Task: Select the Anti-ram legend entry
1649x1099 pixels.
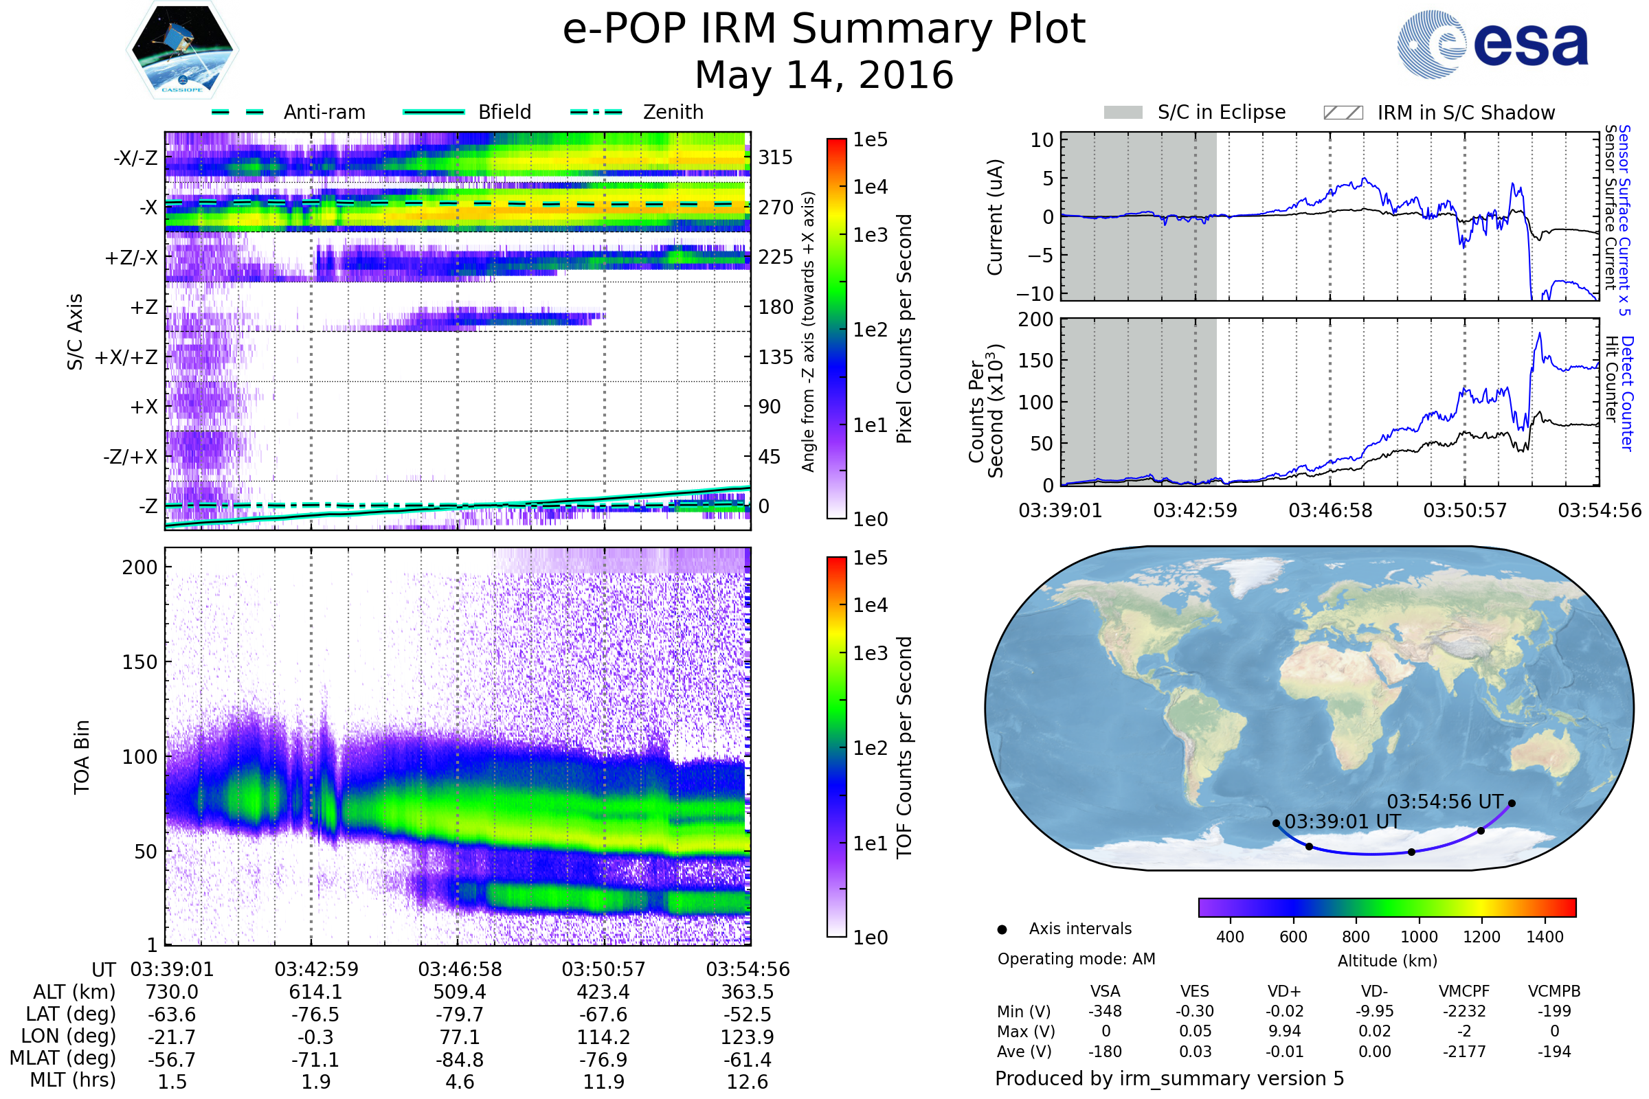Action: point(324,112)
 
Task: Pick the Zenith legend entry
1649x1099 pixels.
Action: point(673,112)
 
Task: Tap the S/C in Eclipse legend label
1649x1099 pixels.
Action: point(1221,112)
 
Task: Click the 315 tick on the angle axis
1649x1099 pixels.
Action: point(775,157)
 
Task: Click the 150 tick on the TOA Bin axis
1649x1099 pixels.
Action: point(139,662)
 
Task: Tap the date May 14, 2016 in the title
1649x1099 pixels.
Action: point(824,75)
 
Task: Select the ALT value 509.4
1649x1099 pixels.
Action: point(459,993)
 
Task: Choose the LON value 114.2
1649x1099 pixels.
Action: point(603,1037)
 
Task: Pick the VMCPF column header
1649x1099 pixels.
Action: point(1464,992)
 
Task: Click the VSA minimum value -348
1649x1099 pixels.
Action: point(1105,1011)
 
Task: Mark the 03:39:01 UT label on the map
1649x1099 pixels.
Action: point(1342,822)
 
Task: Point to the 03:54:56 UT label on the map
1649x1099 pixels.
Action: point(1444,802)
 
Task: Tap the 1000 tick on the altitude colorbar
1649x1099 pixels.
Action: point(1418,937)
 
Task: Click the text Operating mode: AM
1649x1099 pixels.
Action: point(1076,959)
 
